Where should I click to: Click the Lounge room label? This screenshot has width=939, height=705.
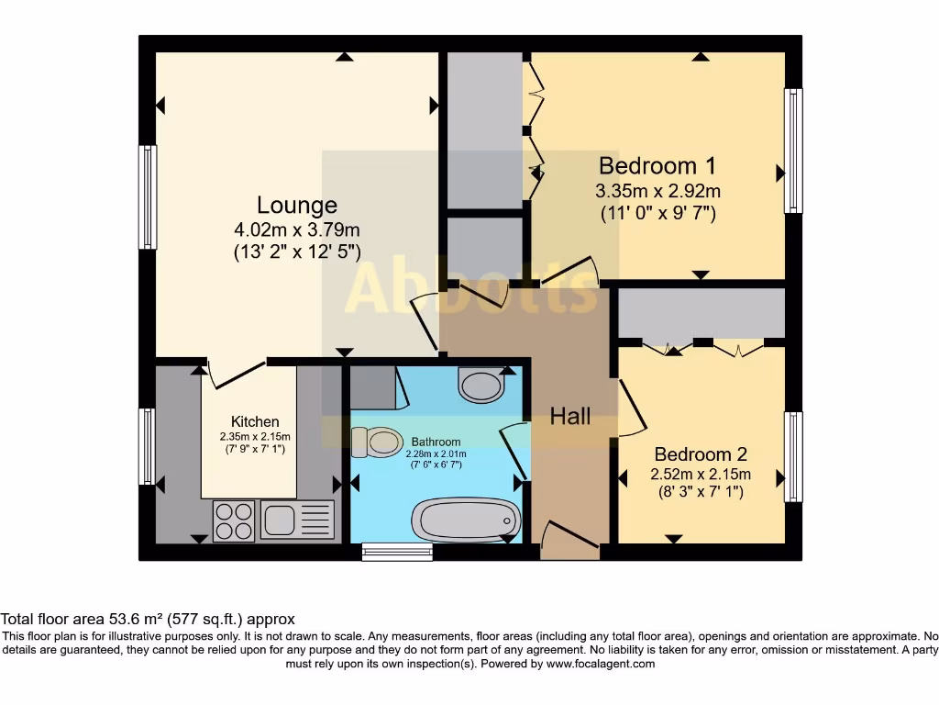(296, 205)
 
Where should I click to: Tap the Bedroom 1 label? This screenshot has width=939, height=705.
(657, 166)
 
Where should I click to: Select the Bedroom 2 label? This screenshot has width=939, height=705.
(701, 453)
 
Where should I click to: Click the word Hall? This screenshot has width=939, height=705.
(569, 417)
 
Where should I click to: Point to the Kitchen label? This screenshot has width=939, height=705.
(255, 421)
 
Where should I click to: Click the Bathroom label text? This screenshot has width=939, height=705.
(436, 442)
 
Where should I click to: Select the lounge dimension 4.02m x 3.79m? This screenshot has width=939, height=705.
(296, 229)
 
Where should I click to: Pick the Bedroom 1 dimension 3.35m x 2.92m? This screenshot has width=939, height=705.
(657, 192)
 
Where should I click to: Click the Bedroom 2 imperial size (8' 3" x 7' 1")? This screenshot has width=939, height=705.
(701, 493)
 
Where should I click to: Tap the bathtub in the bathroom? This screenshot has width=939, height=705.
(465, 520)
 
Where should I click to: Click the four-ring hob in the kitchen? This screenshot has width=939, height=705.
(234, 520)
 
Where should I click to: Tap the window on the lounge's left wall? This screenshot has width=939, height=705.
(148, 196)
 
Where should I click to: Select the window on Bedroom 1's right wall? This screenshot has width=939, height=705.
(793, 151)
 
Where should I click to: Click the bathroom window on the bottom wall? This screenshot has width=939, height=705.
(397, 551)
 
